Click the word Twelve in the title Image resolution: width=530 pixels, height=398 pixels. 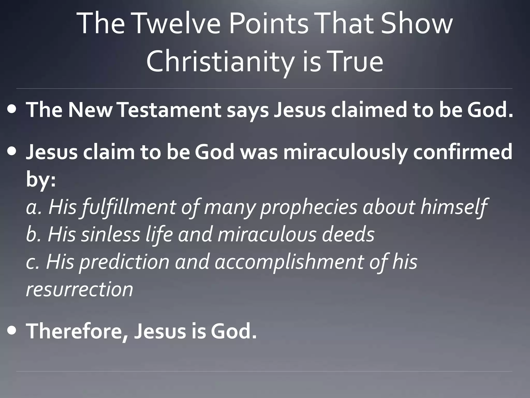[177, 24]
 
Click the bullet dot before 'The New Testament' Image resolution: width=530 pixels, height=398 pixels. [12, 109]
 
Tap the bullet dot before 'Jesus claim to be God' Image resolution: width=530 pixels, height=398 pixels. [12, 151]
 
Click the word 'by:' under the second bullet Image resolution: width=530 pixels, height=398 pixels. [41, 180]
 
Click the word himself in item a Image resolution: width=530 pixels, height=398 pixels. [454, 207]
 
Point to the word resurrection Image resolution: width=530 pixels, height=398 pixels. [79, 289]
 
